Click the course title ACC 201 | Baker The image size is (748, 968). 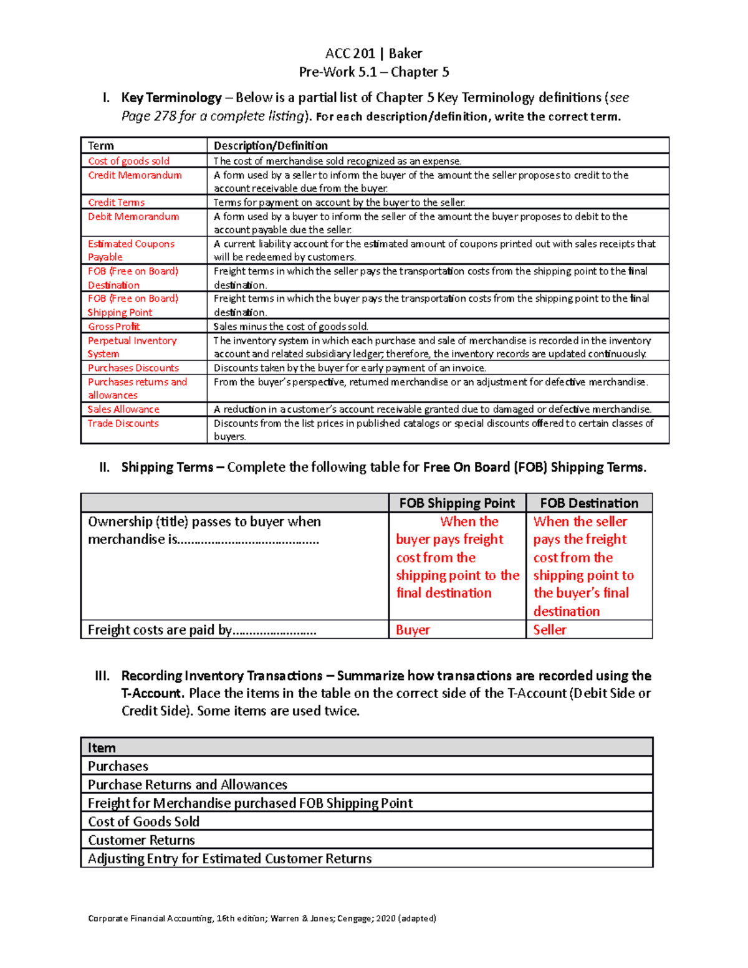point(373,54)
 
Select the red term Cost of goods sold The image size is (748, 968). point(128,161)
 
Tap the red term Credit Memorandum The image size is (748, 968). point(135,175)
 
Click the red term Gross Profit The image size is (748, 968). point(113,327)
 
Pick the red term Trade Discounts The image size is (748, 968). point(123,423)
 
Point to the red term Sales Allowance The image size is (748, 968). point(123,410)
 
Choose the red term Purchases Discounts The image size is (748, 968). point(133,368)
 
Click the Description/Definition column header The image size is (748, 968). point(271,146)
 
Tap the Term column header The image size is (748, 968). point(101,146)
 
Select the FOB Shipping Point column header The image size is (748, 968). point(457,503)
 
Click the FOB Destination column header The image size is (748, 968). point(589,503)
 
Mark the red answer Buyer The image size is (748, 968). point(413,630)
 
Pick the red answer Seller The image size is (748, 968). point(550,630)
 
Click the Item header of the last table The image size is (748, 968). point(102,747)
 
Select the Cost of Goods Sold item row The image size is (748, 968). point(144,822)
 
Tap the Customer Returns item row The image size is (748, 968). point(141,840)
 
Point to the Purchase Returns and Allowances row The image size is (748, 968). point(188,785)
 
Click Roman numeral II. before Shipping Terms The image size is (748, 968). point(104,467)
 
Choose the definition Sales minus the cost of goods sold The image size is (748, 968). point(291,327)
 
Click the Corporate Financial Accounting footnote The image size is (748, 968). point(262,918)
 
